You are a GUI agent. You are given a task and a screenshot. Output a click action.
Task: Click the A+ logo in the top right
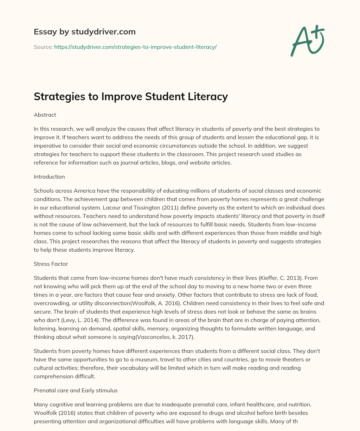coord(307,40)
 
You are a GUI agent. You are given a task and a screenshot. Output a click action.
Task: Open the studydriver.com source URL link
coord(135,47)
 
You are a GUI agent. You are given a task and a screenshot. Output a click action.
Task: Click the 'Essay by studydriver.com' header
coord(84,32)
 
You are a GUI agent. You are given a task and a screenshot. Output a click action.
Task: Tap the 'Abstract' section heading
coord(45,115)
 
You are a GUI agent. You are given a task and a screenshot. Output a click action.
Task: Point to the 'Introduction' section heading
coord(49,176)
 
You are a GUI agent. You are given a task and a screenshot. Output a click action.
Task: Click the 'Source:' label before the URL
coord(43,47)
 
